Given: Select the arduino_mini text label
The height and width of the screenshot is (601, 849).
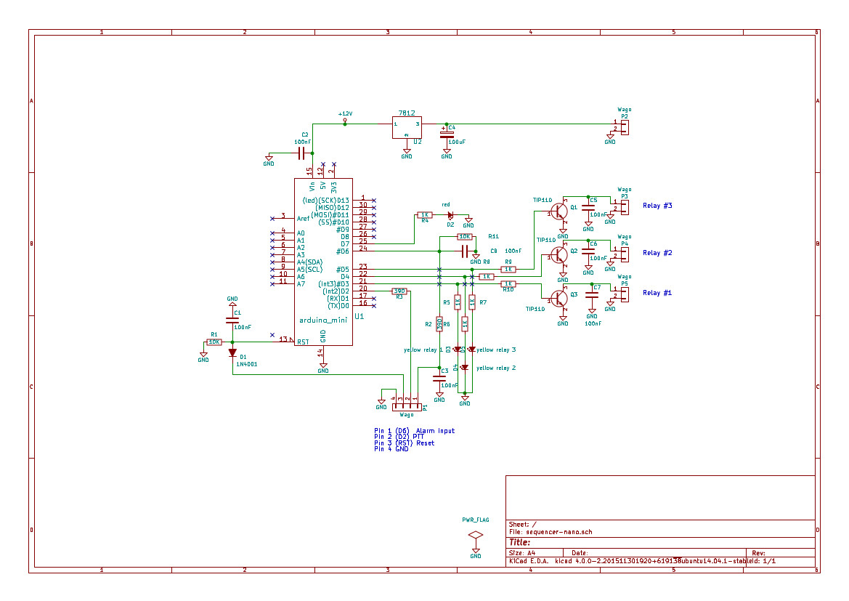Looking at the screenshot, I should pos(322,320).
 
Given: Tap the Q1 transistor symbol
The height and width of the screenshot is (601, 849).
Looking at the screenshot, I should pos(558,211).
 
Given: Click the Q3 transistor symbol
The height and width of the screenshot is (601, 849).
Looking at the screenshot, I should pos(558,299).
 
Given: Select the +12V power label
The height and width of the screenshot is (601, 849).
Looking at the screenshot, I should pos(345,114).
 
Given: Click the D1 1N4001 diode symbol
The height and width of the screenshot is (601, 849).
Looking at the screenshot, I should pos(232,353).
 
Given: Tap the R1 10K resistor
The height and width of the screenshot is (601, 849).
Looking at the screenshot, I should pos(214,342).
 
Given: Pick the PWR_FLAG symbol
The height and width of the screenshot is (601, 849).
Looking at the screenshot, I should pos(476,535).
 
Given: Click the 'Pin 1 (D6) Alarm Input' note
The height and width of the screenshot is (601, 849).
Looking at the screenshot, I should pos(414,431).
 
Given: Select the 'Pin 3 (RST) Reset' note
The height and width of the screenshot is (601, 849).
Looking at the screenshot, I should pos(404,443).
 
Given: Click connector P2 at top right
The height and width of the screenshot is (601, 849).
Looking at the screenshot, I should pos(624,126).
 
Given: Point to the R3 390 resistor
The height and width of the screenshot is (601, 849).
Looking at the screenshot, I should pos(399,291).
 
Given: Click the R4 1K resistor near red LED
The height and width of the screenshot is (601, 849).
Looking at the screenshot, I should pos(425,215).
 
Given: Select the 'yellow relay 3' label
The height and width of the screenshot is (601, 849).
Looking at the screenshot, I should pos(496,350).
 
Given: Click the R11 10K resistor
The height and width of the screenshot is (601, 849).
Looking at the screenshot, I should pos(465,237).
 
